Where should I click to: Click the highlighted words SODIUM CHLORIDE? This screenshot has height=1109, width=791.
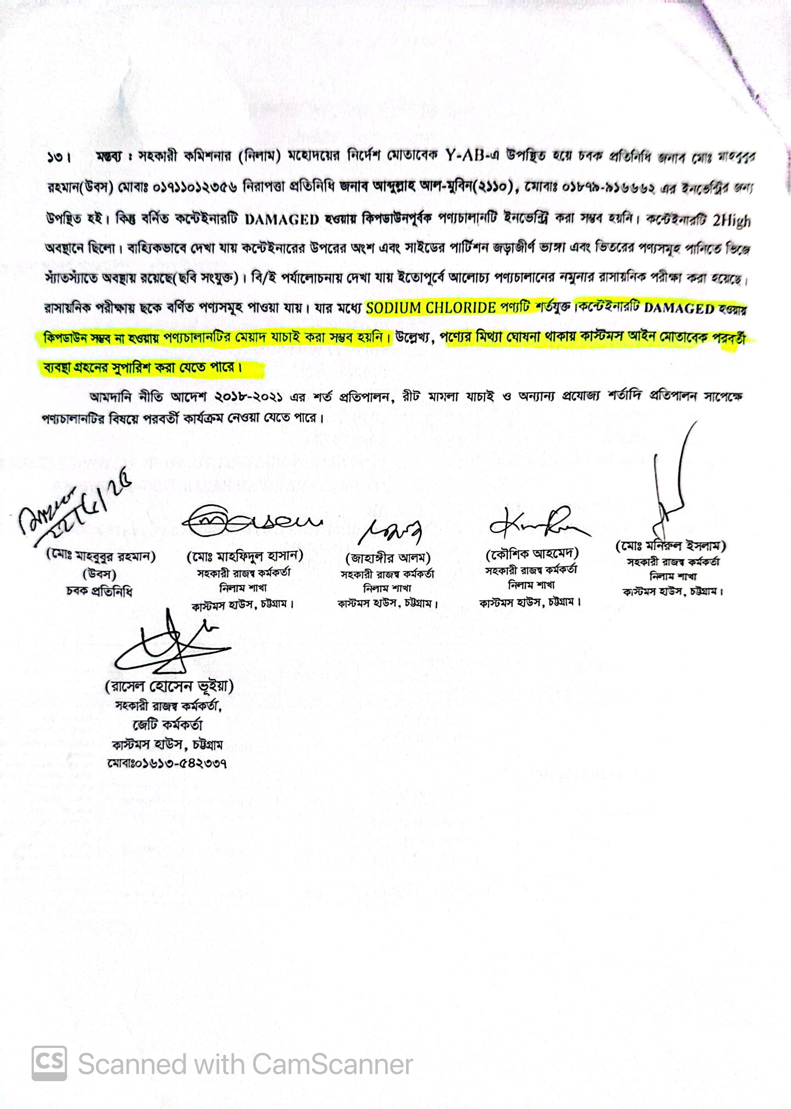pyautogui.click(x=431, y=308)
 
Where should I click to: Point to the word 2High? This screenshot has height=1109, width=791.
pyautogui.click(x=731, y=221)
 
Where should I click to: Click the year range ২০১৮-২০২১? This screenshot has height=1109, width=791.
pyautogui.click(x=248, y=397)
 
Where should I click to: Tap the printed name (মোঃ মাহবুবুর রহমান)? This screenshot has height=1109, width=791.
pyautogui.click(x=101, y=556)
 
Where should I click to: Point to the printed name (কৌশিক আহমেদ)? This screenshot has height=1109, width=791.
pyautogui.click(x=532, y=554)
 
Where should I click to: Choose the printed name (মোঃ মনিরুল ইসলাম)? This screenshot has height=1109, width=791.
pyautogui.click(x=671, y=545)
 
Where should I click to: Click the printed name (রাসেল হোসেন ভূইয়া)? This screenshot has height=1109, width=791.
pyautogui.click(x=169, y=687)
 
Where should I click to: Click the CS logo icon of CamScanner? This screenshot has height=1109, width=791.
pyautogui.click(x=49, y=1064)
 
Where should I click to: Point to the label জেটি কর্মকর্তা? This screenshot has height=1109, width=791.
pyautogui.click(x=167, y=725)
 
